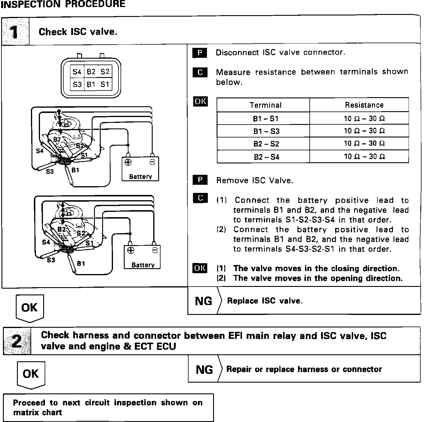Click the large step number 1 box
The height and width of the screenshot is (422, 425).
click(15, 32)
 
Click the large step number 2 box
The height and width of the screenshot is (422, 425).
click(17, 341)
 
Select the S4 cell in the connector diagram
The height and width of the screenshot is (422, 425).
click(77, 72)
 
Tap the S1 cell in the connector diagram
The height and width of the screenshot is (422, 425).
click(104, 84)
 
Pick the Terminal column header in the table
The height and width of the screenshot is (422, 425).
click(265, 105)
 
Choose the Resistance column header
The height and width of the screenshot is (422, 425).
click(364, 105)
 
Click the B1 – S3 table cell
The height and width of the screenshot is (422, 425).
click(266, 131)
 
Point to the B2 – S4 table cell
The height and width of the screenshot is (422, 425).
click(266, 157)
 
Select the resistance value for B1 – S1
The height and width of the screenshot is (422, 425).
click(364, 118)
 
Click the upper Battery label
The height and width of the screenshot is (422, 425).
click(140, 177)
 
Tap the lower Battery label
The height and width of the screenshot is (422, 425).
click(143, 265)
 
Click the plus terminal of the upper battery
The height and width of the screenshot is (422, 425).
click(128, 162)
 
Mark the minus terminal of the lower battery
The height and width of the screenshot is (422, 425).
click(155, 250)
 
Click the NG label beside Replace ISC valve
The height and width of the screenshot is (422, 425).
click(203, 301)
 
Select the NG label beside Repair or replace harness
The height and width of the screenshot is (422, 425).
click(204, 369)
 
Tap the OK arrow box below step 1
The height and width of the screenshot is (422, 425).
click(29, 308)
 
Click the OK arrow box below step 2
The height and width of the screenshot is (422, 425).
click(31, 374)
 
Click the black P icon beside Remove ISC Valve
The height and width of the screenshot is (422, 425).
click(200, 180)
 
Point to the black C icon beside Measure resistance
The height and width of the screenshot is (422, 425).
click(200, 72)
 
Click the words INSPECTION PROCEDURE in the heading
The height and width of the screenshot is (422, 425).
click(63, 4)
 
